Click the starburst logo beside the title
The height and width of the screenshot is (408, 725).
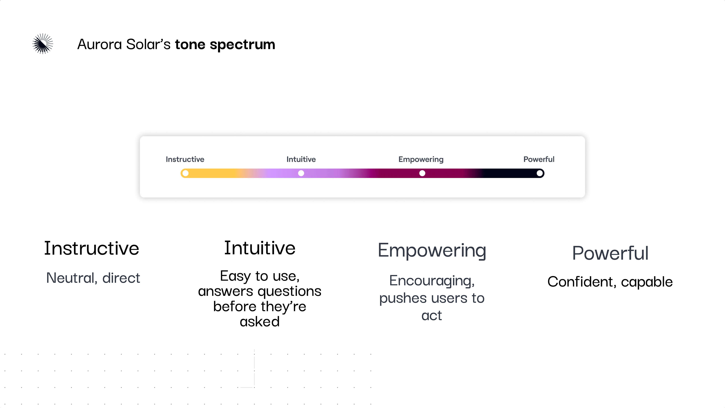pos(43,44)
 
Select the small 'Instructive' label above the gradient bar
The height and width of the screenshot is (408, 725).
pos(185,159)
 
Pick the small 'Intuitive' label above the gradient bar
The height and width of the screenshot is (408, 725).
pos(301,159)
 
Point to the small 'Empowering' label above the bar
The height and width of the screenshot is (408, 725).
pos(421,159)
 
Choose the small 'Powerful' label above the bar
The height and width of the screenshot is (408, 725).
pos(539,159)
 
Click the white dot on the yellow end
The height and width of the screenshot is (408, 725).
pos(185,173)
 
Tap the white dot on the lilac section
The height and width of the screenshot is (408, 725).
pos(301,173)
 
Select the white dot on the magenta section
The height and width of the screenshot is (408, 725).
pos(422,173)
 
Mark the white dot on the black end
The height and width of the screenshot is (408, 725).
pos(540,173)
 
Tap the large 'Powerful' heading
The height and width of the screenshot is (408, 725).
pos(610,253)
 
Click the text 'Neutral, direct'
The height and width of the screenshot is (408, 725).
pos(93,278)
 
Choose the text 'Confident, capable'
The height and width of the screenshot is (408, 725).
pos(610,282)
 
